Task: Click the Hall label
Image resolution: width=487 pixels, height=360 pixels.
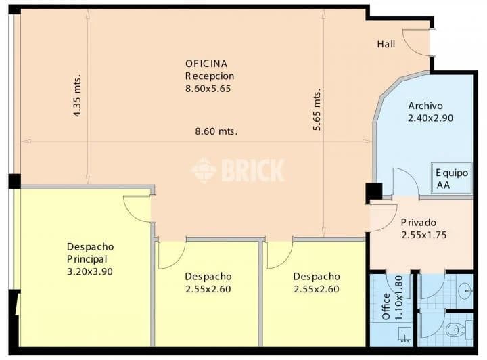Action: coord(386,44)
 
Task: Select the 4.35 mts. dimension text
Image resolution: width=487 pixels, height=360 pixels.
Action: coord(77,95)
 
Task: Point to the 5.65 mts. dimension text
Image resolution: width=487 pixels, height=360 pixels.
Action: coord(317,110)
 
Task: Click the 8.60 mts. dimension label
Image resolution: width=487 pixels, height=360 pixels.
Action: coord(216,131)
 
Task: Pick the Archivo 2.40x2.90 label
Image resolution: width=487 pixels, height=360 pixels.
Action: coord(430,112)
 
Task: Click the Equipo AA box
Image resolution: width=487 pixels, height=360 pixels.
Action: coord(452,178)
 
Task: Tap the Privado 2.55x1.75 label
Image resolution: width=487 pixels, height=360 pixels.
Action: coord(423,229)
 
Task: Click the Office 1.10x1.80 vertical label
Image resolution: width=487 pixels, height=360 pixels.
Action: coord(392,298)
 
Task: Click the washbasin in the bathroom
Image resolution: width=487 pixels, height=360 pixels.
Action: coord(465,291)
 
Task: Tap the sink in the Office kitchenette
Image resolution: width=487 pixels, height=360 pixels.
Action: coord(404,334)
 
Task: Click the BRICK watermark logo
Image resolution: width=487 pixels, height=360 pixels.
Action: coord(238,170)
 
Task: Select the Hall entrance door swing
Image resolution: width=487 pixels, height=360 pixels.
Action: coord(415,43)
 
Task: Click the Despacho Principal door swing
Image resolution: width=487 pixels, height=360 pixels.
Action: coord(137,208)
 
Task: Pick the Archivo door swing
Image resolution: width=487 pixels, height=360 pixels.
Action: coord(405,182)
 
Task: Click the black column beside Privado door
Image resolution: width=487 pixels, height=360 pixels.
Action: coord(374,192)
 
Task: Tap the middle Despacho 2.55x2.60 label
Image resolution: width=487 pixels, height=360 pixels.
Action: coord(208,283)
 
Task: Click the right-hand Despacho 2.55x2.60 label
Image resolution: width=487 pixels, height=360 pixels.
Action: coord(317,283)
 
